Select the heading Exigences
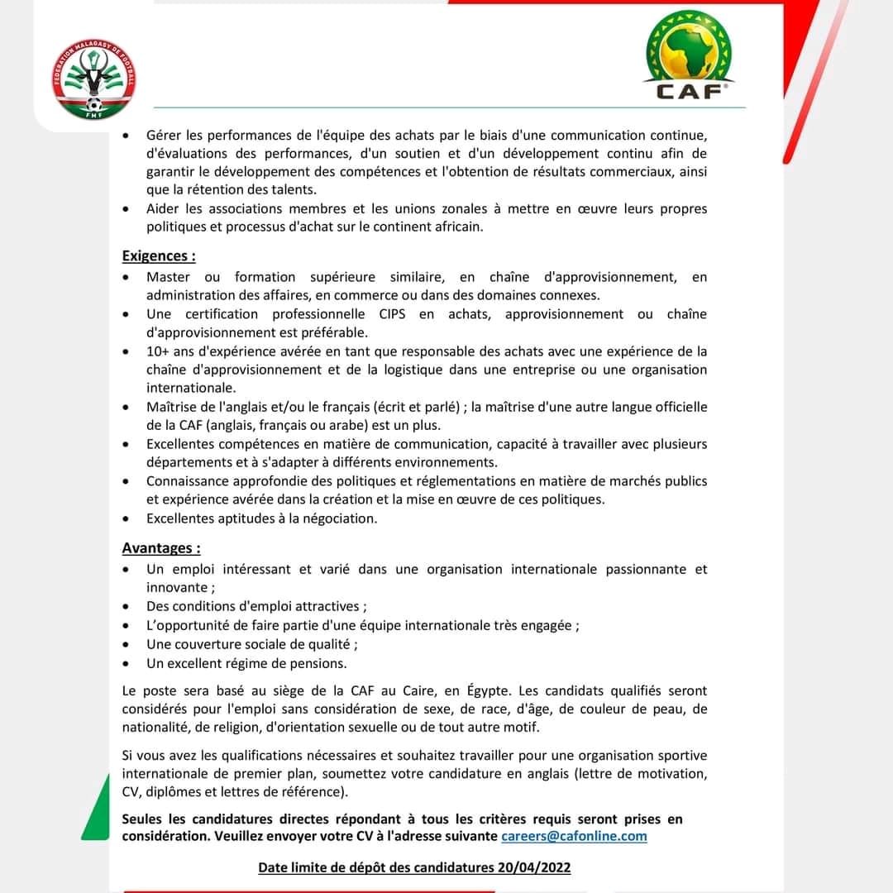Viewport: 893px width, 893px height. click(159, 256)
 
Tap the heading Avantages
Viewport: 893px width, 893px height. click(161, 548)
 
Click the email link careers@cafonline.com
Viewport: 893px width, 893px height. click(574, 836)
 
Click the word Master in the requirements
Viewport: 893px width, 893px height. click(168, 277)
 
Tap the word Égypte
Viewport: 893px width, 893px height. click(491, 690)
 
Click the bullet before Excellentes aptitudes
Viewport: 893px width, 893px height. click(125, 519)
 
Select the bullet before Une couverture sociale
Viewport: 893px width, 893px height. click(125, 645)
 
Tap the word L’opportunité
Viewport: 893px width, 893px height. click(189, 626)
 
